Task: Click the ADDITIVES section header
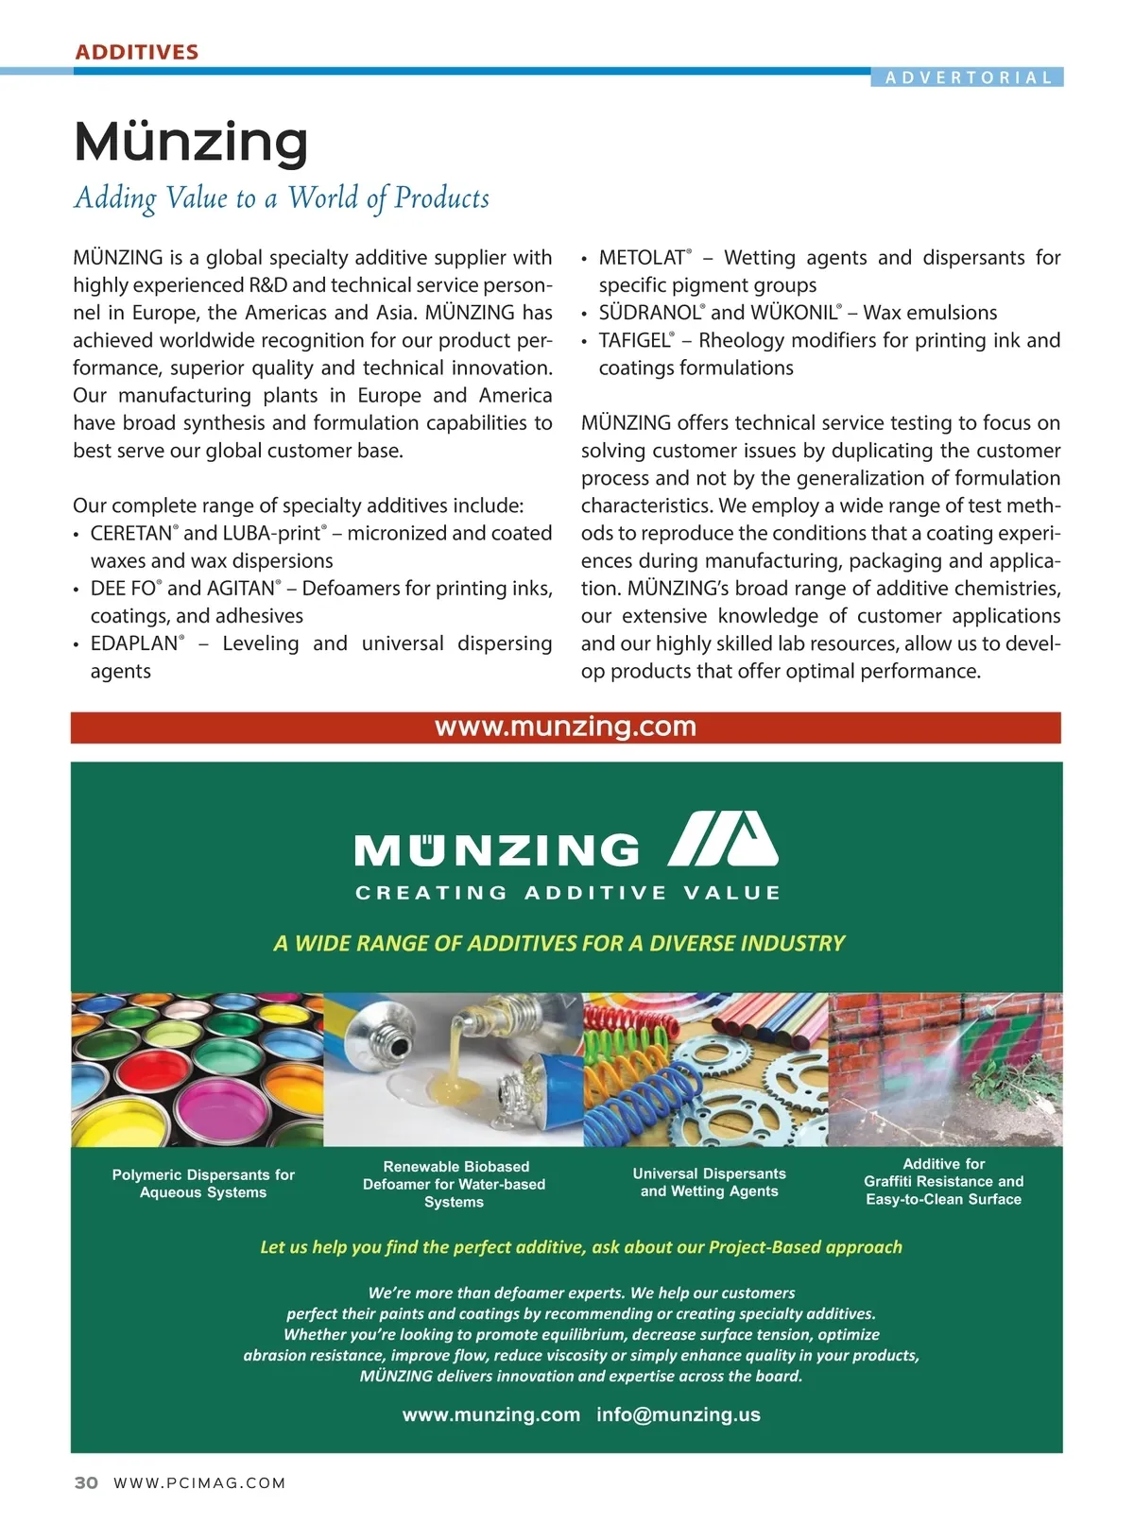click(x=137, y=52)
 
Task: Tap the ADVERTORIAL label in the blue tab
click(x=968, y=77)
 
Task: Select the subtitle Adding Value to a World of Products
click(x=282, y=198)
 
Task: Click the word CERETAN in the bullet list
click(x=131, y=533)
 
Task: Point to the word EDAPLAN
click(x=134, y=643)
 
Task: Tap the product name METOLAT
click(x=642, y=258)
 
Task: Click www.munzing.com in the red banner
click(x=565, y=727)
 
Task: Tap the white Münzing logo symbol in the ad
click(x=723, y=839)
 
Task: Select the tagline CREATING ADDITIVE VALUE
click(x=567, y=893)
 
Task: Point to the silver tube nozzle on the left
click(x=387, y=1038)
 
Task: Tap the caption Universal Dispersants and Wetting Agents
click(x=709, y=1182)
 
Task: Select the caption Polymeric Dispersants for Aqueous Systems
click(x=203, y=1183)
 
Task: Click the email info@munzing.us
click(x=678, y=1414)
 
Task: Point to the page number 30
click(x=86, y=1482)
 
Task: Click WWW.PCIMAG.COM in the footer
click(x=199, y=1482)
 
